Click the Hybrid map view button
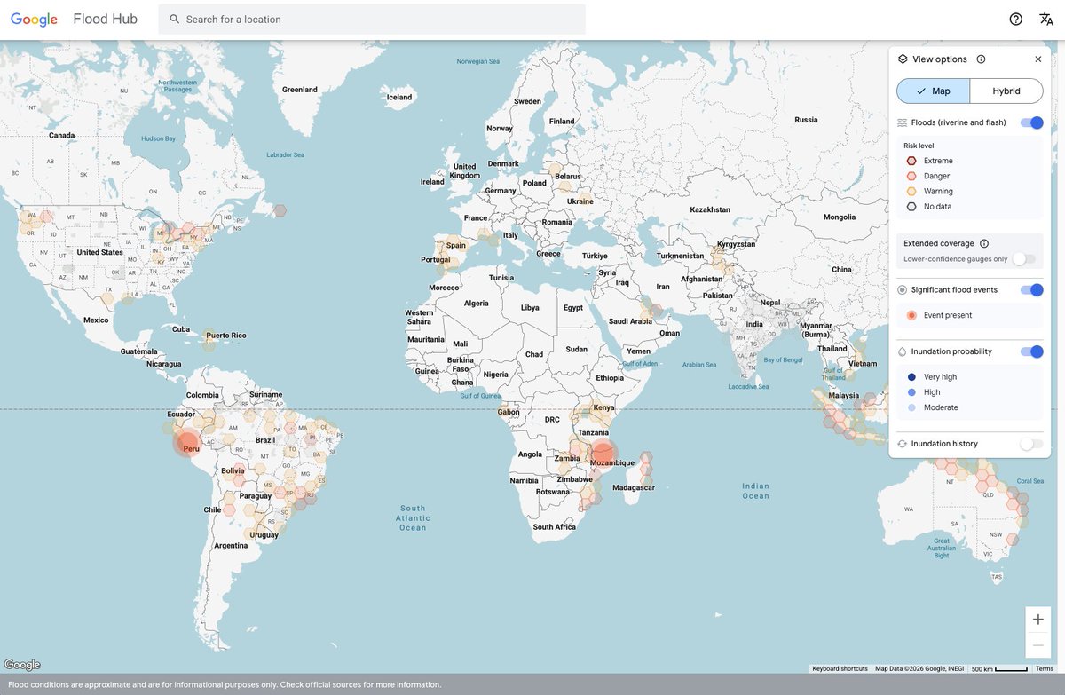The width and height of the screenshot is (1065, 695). [1006, 91]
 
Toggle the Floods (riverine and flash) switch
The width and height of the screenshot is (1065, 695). [1031, 122]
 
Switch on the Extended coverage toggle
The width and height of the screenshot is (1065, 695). [1024, 258]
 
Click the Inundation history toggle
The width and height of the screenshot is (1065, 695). [1031, 444]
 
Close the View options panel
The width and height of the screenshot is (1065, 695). [1038, 59]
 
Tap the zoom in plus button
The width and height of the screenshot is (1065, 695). [1038, 620]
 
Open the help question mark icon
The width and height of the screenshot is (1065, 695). [1016, 20]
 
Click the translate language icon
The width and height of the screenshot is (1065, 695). [1046, 20]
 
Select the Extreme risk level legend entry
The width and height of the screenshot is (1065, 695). [937, 161]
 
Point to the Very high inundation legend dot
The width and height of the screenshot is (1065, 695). [911, 377]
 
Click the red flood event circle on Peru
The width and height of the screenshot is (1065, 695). [187, 443]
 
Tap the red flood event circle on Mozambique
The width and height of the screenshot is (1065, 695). [602, 453]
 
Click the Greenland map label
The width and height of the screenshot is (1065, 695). [300, 90]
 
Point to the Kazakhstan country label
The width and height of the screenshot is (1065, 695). [710, 209]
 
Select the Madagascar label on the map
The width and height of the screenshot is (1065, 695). [634, 488]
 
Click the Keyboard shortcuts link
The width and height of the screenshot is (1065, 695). [840, 668]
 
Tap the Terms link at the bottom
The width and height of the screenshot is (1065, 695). [1045, 668]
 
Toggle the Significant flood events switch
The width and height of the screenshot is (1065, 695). [1031, 290]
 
